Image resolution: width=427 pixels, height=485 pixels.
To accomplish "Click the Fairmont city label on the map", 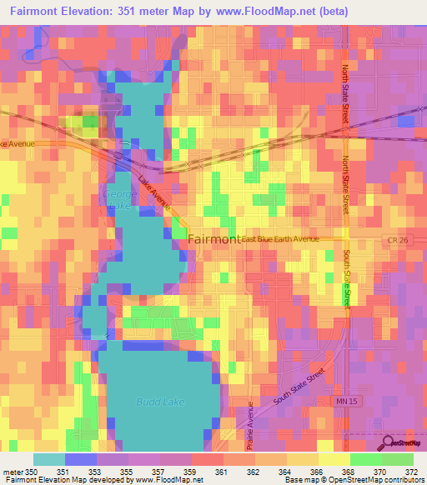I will click(x=214, y=239).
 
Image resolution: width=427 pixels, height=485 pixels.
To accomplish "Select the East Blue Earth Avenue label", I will click(x=281, y=240).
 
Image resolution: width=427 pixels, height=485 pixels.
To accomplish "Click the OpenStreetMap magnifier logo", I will click(x=388, y=442).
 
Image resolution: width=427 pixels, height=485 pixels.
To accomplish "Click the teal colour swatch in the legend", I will click(x=48, y=459).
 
